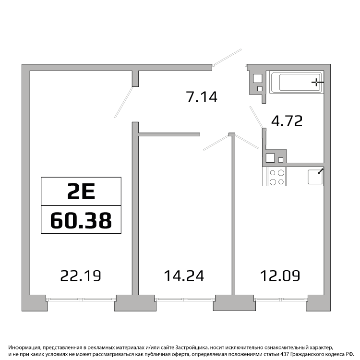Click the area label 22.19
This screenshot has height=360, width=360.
point(81,276)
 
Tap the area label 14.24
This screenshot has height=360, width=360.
point(184,276)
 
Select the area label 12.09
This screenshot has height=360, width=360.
point(280,276)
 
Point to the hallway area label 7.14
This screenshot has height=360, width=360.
point(202,96)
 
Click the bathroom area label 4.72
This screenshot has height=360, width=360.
point(287,121)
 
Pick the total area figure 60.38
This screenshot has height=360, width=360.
point(81,220)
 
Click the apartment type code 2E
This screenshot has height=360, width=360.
point(81,192)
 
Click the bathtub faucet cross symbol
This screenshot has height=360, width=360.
point(317,82)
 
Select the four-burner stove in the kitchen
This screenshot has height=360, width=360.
point(276,177)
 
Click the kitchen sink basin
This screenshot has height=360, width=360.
point(315,177)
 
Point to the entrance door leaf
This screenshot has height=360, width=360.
point(227,57)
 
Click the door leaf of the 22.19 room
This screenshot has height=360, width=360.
point(124,102)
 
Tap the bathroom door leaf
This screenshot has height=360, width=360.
point(256,117)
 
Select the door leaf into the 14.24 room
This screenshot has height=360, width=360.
point(216,143)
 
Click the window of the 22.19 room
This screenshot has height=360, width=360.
point(81,300)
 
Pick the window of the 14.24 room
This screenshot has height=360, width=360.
point(185,300)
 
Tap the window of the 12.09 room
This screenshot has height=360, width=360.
point(281,300)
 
